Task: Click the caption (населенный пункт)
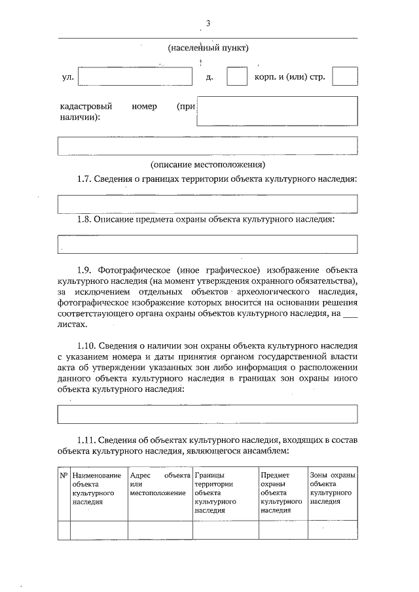tap(208, 48)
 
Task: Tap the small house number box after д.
tap(236, 77)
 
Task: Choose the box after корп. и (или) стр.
tap(344, 77)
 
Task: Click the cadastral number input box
tap(277, 111)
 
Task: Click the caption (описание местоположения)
tap(208, 164)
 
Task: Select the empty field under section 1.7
tap(208, 204)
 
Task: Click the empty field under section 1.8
tap(208, 244)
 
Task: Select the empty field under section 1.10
tap(208, 414)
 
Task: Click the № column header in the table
tap(64, 475)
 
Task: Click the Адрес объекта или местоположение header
tap(159, 483)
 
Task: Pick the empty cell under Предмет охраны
tap(283, 529)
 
